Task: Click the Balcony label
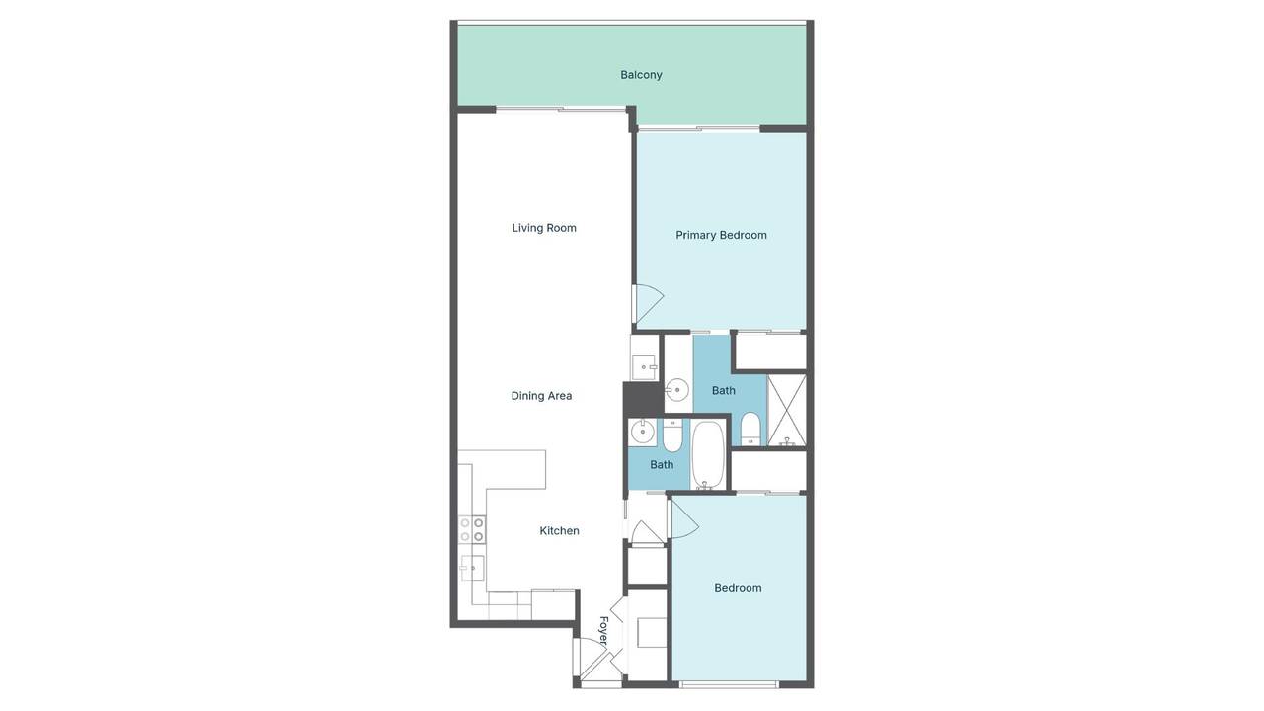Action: pos(641,75)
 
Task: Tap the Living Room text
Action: pos(544,228)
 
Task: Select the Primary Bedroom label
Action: pos(721,235)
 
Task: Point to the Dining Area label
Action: pos(541,396)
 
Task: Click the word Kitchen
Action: pos(559,531)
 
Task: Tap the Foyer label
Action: pos(603,630)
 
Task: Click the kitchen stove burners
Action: pos(472,529)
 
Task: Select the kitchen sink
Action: pos(472,568)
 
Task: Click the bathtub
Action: pos(708,455)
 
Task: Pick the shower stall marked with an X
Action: pos(787,410)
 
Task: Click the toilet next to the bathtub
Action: pos(672,434)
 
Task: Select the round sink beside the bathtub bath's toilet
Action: pos(643,432)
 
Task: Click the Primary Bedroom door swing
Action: pos(647,304)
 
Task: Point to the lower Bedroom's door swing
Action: pos(682,520)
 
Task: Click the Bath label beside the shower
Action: pos(724,390)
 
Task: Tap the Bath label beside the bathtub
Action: pos(662,465)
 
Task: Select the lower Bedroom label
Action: pos(738,588)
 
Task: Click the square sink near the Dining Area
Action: pos(645,367)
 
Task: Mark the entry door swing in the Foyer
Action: pos(595,667)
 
